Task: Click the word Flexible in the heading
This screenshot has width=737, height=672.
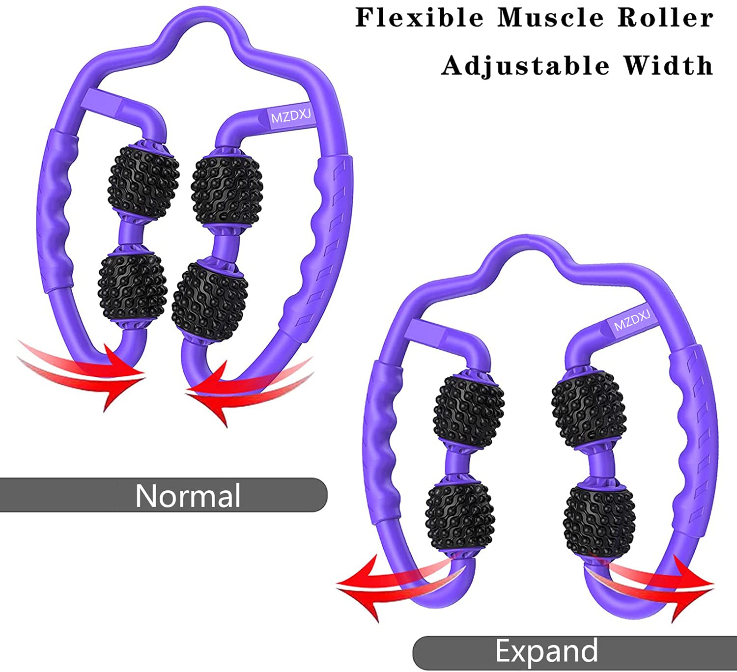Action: click(x=419, y=18)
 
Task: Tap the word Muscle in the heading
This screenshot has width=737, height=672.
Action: click(x=550, y=18)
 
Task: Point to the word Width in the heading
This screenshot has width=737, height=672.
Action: click(x=668, y=65)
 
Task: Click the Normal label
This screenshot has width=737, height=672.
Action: click(x=188, y=495)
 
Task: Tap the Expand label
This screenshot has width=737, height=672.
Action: click(x=546, y=651)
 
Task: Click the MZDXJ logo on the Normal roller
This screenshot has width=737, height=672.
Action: click(x=291, y=116)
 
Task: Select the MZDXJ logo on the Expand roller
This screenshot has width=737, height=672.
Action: click(x=632, y=320)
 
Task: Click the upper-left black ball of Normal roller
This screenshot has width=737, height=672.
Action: click(x=143, y=182)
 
